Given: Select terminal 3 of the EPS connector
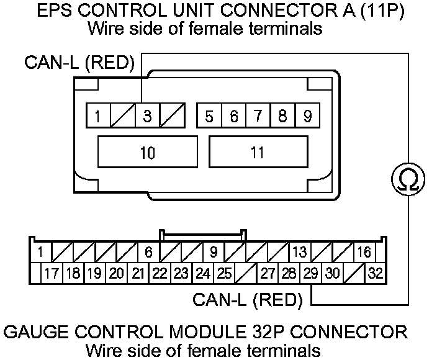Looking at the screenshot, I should pos(147,116).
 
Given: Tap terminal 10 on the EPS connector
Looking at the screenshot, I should pos(147,153).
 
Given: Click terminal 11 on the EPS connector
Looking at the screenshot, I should pos(258,153).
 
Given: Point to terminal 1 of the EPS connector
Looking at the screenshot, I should pos(98,116).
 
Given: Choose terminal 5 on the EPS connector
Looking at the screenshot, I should pos(209,116).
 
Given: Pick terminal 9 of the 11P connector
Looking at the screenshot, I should pos(307,116).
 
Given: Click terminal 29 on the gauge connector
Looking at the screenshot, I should pos(310,273).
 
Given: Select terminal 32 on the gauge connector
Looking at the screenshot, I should pos(375,273).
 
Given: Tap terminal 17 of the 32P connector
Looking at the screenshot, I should pos(53,273).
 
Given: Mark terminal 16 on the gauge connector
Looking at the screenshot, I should pos(364,253).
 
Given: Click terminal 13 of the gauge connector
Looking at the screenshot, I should pos(299,253).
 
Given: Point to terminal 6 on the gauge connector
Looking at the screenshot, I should pos(148,253).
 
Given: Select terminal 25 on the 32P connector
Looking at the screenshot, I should pos(224,273).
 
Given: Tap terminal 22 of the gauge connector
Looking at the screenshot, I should pos(160,273).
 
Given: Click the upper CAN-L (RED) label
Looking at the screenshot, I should pos(79,63).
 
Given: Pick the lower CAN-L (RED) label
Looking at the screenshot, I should pos(247,300).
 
